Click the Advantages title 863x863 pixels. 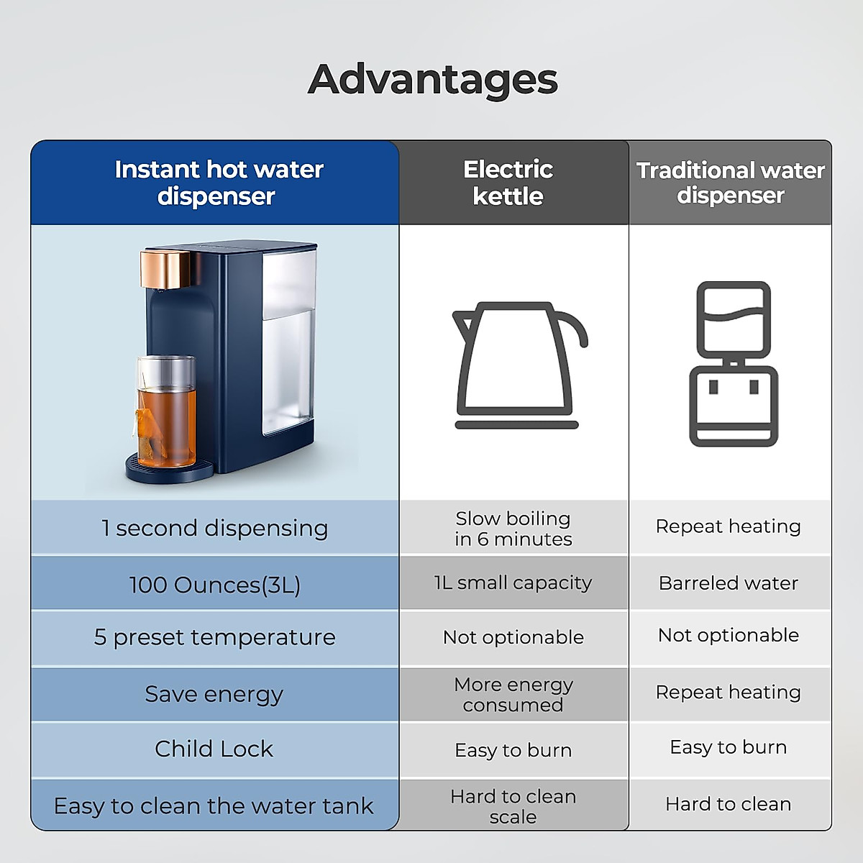[x=432, y=79]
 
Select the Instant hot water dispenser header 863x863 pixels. [x=218, y=183]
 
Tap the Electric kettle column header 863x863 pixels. [x=508, y=183]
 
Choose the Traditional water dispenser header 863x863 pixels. [x=730, y=183]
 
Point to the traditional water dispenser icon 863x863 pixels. [x=733, y=363]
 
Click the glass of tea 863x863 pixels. [x=166, y=414]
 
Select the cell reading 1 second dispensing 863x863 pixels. [x=214, y=528]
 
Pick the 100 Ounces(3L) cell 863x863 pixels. [x=214, y=584]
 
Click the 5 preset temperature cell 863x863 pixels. [x=214, y=637]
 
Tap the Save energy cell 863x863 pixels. [x=214, y=694]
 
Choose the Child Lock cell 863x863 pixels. [x=214, y=749]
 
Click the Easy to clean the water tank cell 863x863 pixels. [x=214, y=805]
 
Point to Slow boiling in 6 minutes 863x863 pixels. [x=513, y=529]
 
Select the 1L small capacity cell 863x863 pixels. [x=513, y=583]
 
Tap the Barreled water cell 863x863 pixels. [x=729, y=583]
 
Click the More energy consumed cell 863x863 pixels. [x=513, y=695]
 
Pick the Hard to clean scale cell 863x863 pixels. [x=513, y=806]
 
